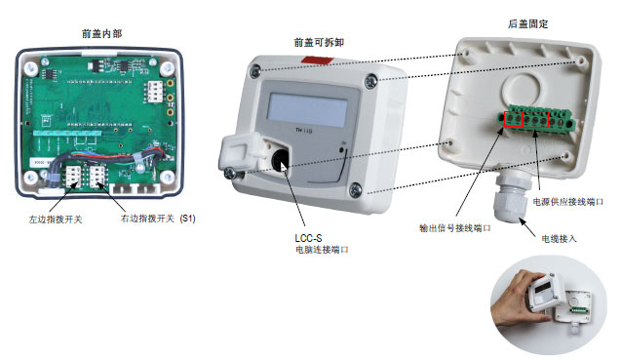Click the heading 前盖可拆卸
coord(318,43)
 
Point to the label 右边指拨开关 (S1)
coord(156,220)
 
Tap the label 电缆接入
coord(560,237)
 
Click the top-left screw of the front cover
coord(255,69)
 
